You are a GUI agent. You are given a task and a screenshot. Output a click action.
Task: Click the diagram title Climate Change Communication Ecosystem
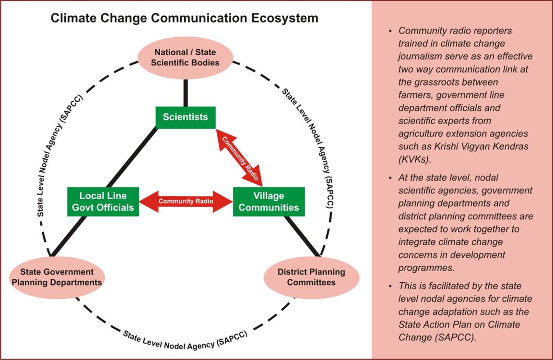pyautogui.click(x=185, y=18)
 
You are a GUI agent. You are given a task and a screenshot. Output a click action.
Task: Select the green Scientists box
pyautogui.click(x=185, y=117)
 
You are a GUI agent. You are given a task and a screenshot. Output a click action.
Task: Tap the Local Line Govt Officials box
pyautogui.click(x=103, y=202)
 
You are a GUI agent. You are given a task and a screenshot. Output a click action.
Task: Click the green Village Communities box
pyautogui.click(x=269, y=202)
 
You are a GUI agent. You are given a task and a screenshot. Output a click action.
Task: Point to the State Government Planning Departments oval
pyautogui.click(x=57, y=276)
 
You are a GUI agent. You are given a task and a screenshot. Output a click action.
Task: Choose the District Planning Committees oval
pyautogui.click(x=311, y=277)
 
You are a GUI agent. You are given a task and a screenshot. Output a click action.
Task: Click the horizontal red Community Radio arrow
pyautogui.click(x=186, y=201)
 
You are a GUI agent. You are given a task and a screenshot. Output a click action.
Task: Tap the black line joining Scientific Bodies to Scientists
pyautogui.click(x=186, y=92)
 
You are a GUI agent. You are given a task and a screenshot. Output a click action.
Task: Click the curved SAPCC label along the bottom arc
pyautogui.click(x=185, y=340)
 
